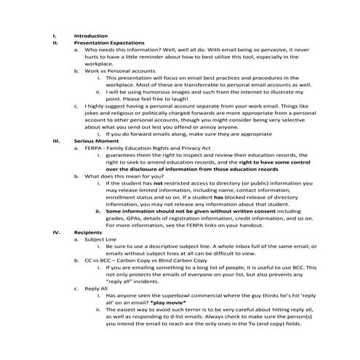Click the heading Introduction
91,36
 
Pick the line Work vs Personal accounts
119,71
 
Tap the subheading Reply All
96,289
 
